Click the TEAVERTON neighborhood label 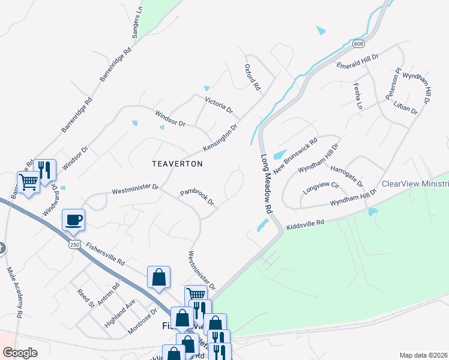tap(177, 163)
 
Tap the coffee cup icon tap(73, 220)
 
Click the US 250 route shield tap(74, 245)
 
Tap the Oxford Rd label tap(253, 77)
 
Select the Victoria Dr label tap(218, 105)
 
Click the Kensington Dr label tap(220, 138)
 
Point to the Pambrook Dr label tap(197, 197)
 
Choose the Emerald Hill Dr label tap(357, 61)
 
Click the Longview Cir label tap(321, 187)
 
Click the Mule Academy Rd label tap(15, 292)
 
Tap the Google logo tap(20, 353)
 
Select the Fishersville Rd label tap(104, 254)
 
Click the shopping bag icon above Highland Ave tap(158, 278)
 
